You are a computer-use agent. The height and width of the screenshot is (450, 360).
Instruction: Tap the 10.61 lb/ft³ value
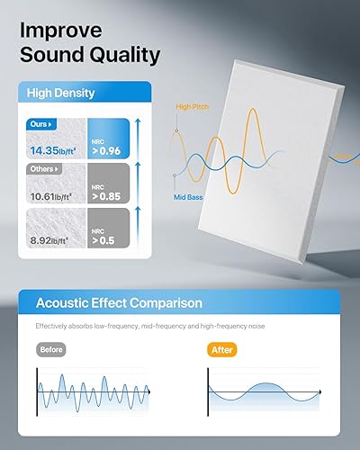coord(50,195)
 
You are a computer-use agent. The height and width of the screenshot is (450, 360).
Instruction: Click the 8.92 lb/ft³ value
coord(50,240)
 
